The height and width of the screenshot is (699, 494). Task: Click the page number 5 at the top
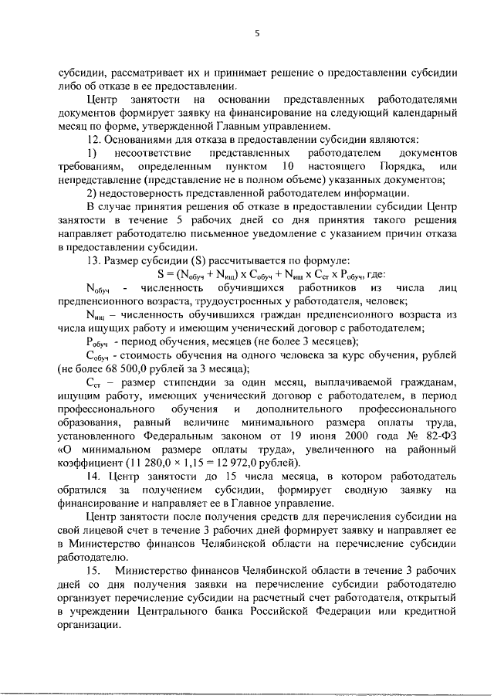(258, 34)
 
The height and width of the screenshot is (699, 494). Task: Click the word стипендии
(185, 383)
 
